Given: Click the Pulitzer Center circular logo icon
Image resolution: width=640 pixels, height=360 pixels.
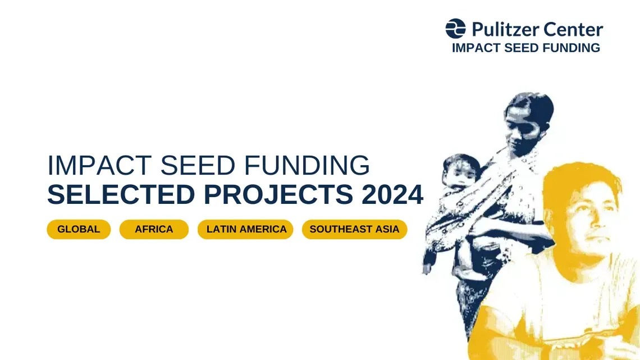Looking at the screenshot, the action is tap(455, 29).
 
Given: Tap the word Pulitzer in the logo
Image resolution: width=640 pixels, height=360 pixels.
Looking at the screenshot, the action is tap(505, 29).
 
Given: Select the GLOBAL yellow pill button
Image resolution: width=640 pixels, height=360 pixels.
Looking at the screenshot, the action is tap(79, 229).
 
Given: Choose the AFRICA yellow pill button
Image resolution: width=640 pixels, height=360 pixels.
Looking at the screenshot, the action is tap(154, 229).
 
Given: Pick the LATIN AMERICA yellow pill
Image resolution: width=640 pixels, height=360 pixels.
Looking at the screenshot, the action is tap(245, 229).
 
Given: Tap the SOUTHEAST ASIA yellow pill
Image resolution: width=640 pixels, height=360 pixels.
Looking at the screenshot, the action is tap(355, 229).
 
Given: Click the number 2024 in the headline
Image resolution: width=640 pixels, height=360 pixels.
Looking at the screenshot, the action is tap(392, 195).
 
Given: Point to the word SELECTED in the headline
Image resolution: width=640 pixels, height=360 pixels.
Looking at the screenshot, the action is tap(121, 195).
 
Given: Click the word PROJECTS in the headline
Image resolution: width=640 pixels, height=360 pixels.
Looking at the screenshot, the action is tap(278, 195).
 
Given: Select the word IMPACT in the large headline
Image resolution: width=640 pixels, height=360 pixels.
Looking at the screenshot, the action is tap(99, 165).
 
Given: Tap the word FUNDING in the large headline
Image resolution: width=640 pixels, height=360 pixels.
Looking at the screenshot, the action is tap(307, 165).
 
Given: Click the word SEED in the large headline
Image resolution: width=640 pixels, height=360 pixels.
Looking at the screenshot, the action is tap(198, 165).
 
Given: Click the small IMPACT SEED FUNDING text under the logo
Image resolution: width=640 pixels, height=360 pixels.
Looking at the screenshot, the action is tap(525, 48).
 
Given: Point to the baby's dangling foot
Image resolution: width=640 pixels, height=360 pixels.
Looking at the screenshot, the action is tap(429, 261).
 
